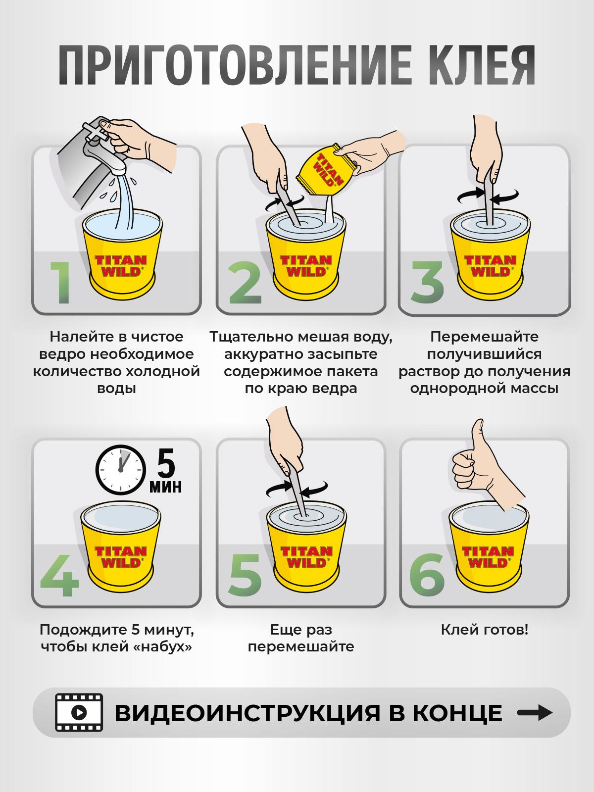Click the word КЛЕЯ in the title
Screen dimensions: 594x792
coord(482,65)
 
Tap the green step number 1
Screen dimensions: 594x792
coord(62,282)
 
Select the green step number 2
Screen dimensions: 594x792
coord(245,283)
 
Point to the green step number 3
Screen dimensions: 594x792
coord(427,282)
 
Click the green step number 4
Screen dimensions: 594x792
coord(59,576)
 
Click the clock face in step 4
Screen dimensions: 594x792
coord(121,470)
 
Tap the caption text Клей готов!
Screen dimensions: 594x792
coord(485,630)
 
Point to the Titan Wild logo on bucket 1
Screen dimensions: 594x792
coord(121,265)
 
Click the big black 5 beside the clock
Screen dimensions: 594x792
coord(166,464)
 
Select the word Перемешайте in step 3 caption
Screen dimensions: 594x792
coord(485,337)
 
